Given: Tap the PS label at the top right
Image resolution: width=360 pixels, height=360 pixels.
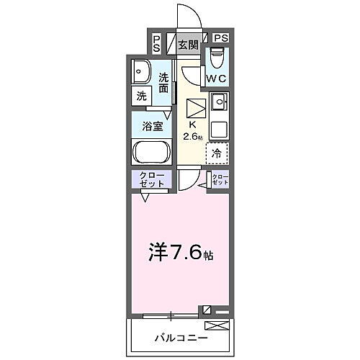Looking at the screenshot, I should click(220, 38).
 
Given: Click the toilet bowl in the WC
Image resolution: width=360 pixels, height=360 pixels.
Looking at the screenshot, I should click(217, 57).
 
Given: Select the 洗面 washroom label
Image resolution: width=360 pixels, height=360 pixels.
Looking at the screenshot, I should click(164, 84).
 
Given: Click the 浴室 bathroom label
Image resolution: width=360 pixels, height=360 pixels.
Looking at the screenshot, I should click(152, 125).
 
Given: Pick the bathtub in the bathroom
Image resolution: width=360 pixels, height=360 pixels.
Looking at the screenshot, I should click(151, 153).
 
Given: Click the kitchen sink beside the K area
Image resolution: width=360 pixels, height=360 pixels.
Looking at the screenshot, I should click(218, 102).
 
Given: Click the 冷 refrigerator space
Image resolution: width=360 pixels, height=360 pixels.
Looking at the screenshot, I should click(217, 153).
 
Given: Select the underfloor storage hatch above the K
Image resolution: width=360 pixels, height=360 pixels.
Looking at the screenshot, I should click(194, 108).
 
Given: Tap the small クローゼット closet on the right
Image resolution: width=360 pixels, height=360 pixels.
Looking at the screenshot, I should click(219, 180).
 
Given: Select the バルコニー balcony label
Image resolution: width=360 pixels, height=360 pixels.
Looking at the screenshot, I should click(180, 337).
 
